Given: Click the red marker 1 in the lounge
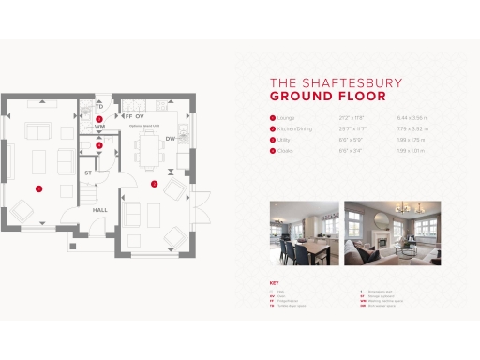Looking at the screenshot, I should point(38,188).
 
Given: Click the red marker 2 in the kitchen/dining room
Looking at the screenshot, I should point(153,183).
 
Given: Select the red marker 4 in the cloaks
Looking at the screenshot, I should point(99,144).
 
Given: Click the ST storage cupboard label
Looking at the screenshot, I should point(88,173).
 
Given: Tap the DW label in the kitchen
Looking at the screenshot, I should point(171,139).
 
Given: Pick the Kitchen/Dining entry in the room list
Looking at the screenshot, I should point(292,128).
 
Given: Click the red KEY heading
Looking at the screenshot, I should point(274,282).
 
